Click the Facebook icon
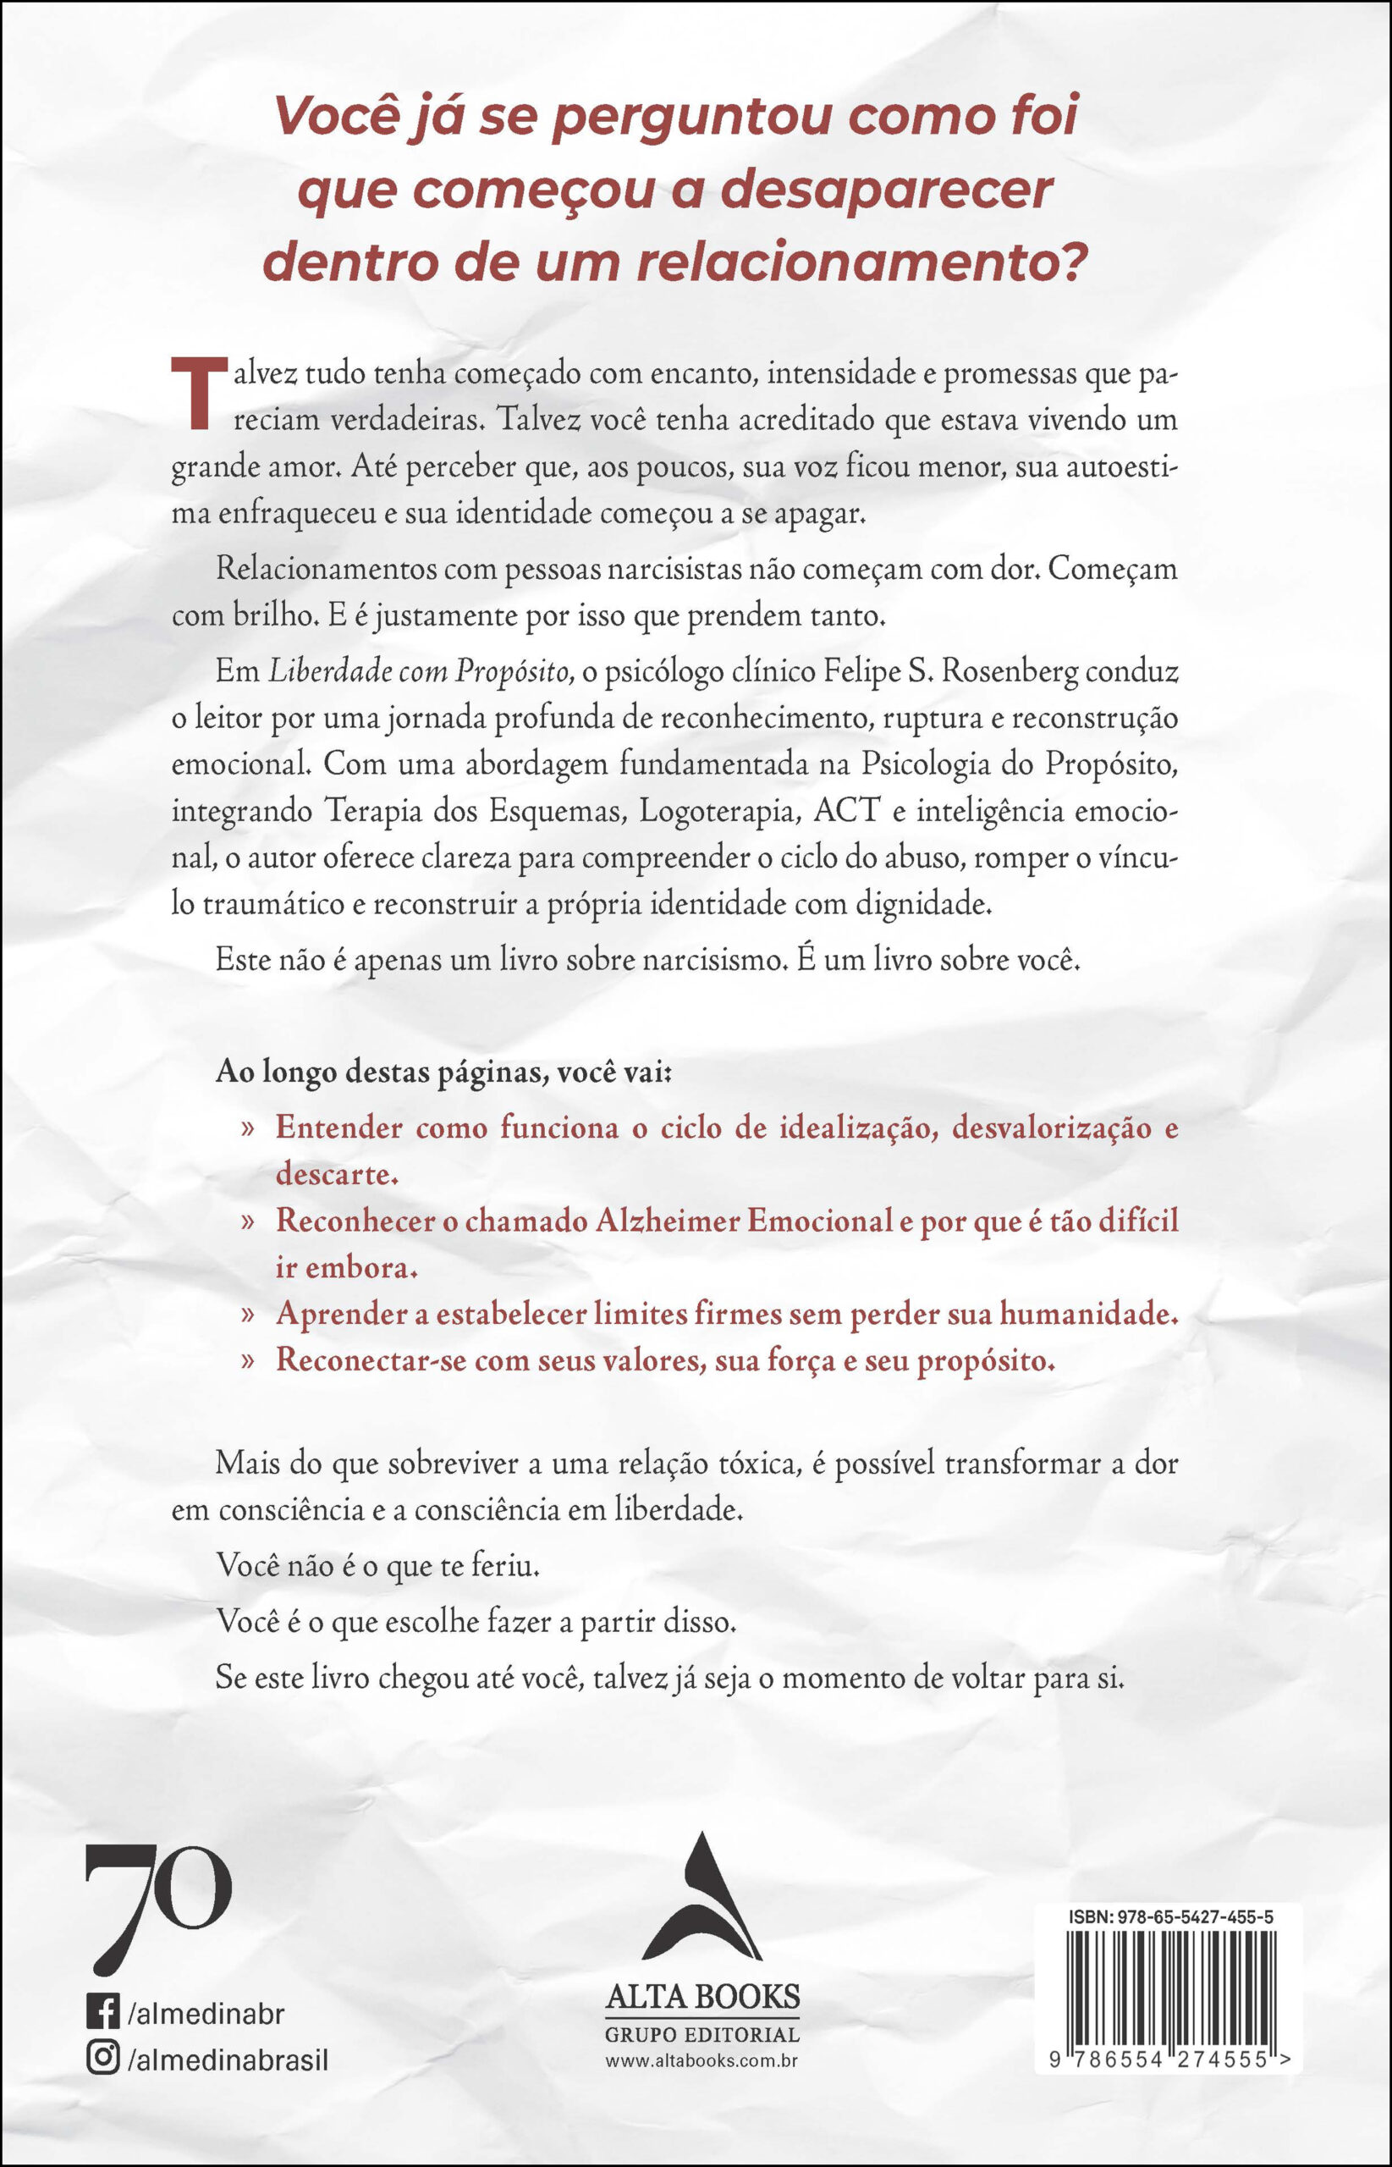(x=103, y=2013)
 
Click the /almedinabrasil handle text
(x=228, y=2059)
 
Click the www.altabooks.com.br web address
(x=702, y=2060)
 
